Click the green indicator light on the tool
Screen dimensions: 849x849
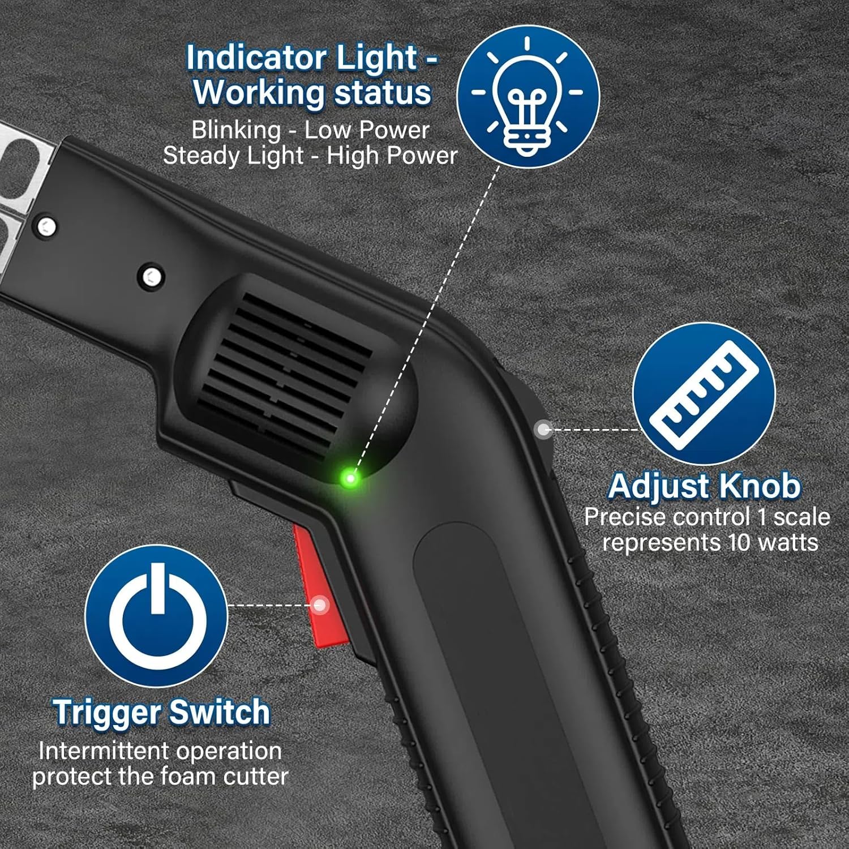point(350,479)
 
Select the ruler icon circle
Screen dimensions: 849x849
point(704,394)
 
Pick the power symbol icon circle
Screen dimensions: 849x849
point(157,616)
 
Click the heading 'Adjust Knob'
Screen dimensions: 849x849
point(705,486)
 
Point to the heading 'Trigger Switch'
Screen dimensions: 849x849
point(161,711)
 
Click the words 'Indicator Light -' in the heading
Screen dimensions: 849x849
point(312,58)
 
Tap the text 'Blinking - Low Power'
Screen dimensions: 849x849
point(310,130)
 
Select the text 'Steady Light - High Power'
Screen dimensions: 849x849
point(310,155)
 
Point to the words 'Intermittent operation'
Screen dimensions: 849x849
point(160,751)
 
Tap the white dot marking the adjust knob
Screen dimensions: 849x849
point(543,430)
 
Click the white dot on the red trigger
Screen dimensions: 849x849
point(320,605)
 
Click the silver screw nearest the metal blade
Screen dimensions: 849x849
point(46,226)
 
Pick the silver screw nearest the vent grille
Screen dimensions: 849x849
point(151,277)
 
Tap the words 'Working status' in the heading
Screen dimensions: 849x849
point(312,92)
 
